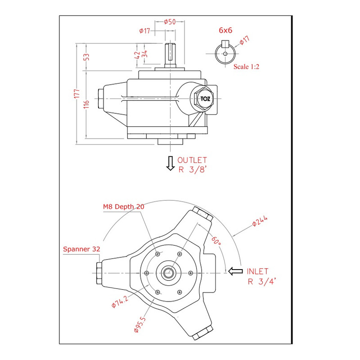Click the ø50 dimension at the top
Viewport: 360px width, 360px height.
tap(169, 22)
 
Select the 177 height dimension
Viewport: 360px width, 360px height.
tap(77, 94)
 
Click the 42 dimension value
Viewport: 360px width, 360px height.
tap(137, 55)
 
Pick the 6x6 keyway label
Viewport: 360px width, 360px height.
tap(225, 30)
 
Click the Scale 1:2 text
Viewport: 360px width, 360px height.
tap(246, 66)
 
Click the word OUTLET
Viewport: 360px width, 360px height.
tap(192, 160)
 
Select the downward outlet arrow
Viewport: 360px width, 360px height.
tap(170, 163)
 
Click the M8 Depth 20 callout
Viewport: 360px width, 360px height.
tap(124, 207)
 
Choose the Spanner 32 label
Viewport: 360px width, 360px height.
tap(81, 248)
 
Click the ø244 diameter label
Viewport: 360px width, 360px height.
tap(260, 221)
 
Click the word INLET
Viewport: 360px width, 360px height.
tap(257, 271)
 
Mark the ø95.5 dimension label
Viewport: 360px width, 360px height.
tap(140, 324)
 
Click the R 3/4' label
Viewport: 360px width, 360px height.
tap(261, 282)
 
